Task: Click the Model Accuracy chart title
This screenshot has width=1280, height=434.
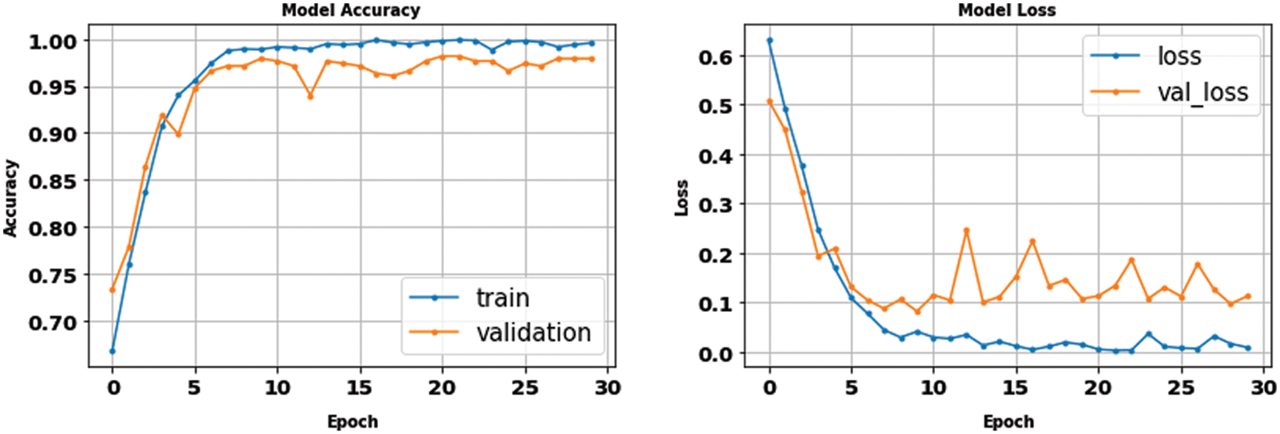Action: [x=350, y=10]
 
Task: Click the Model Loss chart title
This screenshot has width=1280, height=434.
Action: [x=1006, y=10]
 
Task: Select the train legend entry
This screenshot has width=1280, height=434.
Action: [x=502, y=298]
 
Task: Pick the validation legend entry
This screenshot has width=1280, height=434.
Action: [x=533, y=332]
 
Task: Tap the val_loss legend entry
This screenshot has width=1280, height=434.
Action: [x=1203, y=92]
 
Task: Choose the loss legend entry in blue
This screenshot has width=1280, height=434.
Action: [x=1179, y=56]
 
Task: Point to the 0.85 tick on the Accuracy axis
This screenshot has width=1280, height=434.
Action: [x=53, y=181]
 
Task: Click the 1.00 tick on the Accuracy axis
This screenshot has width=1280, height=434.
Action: [x=53, y=42]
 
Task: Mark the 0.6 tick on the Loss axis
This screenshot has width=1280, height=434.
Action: [x=715, y=57]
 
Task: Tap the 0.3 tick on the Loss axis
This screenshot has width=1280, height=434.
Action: [x=715, y=205]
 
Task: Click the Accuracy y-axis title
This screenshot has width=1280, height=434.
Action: [x=10, y=198]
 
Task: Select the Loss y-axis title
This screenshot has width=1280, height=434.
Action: [x=682, y=198]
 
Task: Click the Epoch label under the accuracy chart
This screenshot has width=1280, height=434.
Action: [x=352, y=422]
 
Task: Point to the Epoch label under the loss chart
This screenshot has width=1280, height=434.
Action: [x=1008, y=422]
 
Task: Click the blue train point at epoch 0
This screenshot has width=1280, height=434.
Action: [x=113, y=351]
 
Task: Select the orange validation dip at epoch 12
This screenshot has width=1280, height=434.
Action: [x=311, y=96]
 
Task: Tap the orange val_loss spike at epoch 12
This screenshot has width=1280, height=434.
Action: [x=967, y=230]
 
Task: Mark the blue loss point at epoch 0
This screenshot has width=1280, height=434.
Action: [x=769, y=40]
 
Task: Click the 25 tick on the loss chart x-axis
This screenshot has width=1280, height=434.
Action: [x=1181, y=388]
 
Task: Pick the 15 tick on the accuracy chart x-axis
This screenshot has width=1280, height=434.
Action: [x=359, y=388]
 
